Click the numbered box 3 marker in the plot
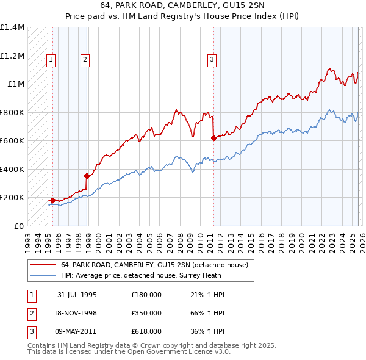click(211, 59)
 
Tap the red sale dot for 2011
click(213, 139)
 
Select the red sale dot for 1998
click(87, 176)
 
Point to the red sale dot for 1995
click(52, 200)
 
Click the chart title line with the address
click(183, 7)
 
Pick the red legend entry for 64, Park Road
click(154, 265)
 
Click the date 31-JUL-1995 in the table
click(77, 294)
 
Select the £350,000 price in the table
click(146, 313)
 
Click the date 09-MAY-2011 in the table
click(77, 331)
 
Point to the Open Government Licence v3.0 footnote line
click(129, 352)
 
